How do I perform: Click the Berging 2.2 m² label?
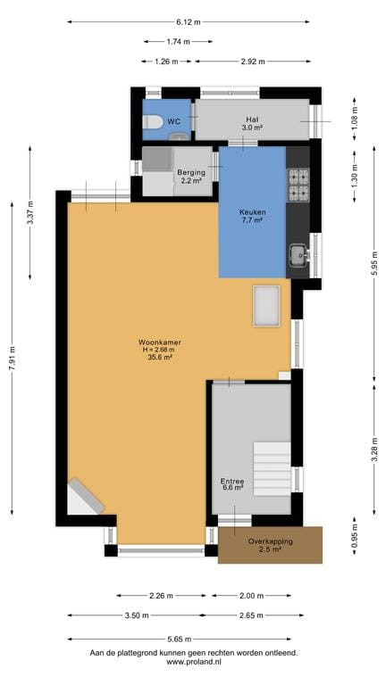point(191,176)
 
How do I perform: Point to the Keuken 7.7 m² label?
point(251,216)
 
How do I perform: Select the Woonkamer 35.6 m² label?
point(159,350)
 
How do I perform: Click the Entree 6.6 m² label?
point(232,484)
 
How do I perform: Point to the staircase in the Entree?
point(272,469)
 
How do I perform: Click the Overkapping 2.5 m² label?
point(270,545)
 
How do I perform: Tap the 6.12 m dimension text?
point(189,22)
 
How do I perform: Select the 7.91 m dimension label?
point(13,358)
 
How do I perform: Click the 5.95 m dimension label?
point(374,265)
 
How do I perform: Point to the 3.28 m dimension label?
point(374,450)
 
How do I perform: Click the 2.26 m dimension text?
point(162,596)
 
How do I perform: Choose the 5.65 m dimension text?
point(180,640)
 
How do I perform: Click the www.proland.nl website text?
point(194,662)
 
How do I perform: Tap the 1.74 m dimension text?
point(179,42)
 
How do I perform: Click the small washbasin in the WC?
point(179,136)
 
